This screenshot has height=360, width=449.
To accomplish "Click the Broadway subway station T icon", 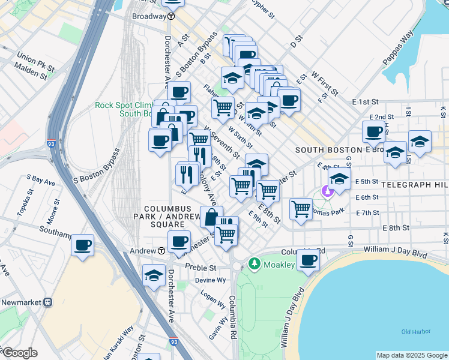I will click(172, 16).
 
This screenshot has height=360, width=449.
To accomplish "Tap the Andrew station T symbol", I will click(162, 251).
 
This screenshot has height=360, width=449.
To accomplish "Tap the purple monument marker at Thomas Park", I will click(327, 192).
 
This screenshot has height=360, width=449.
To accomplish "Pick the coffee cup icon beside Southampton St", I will click(83, 245).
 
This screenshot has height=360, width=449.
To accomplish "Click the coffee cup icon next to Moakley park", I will click(309, 260).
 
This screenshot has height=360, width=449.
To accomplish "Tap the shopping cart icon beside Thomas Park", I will click(301, 209).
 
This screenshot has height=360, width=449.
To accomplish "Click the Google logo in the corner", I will click(19, 353).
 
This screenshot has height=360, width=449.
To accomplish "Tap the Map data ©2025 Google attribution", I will click(411, 355).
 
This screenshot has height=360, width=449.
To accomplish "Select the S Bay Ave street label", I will click(40, 179).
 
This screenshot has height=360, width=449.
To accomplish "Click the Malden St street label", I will click(32, 75).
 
